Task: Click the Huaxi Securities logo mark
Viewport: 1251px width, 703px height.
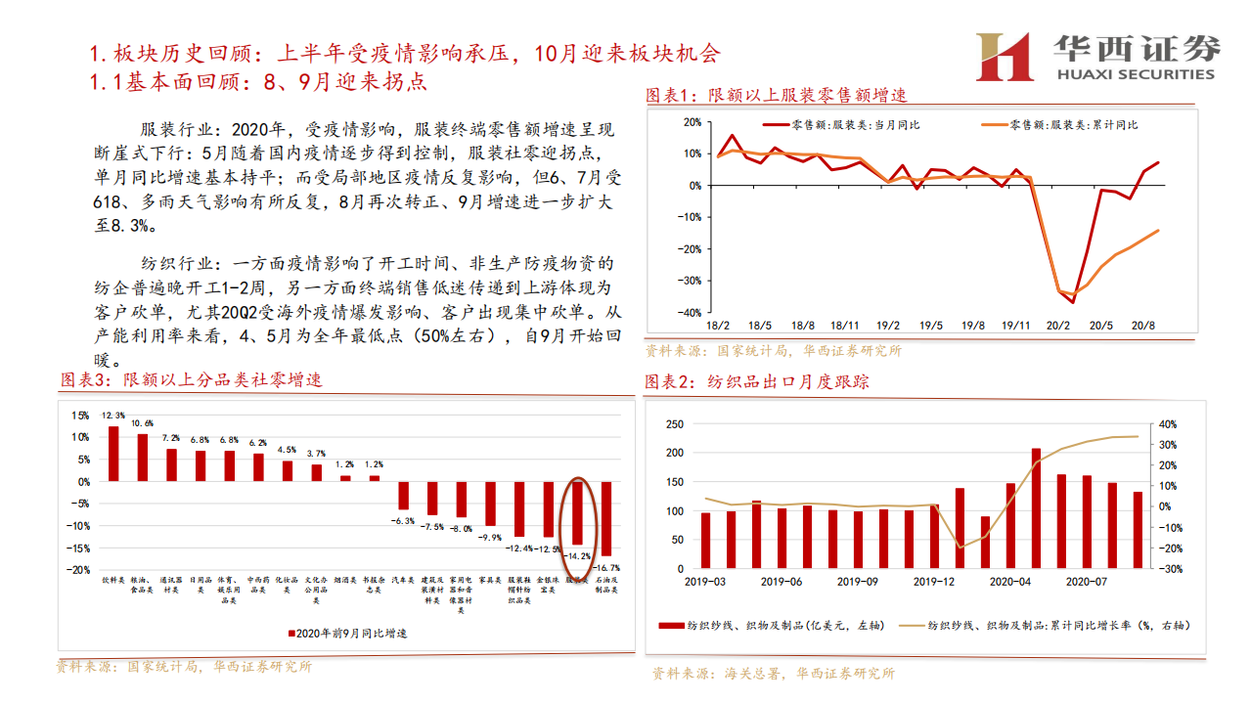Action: [1005, 57]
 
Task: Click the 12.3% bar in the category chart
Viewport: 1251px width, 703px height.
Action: [113, 454]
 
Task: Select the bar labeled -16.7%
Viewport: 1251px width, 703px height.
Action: [606, 518]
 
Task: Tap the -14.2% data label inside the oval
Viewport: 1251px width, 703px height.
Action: [577, 554]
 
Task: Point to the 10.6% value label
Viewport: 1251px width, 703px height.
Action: [142, 423]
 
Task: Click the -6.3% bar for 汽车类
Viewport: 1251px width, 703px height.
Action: [402, 495]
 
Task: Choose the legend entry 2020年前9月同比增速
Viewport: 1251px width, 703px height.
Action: [347, 633]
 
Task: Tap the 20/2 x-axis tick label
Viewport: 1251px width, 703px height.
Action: [1057, 326]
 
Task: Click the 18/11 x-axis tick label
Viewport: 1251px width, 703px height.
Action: [845, 326]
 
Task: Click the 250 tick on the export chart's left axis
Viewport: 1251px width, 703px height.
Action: [673, 424]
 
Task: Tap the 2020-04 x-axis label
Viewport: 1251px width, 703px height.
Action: [1010, 581]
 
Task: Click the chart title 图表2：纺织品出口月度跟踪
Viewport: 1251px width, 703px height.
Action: [756, 382]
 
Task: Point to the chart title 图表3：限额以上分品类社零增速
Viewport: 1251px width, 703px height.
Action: [192, 379]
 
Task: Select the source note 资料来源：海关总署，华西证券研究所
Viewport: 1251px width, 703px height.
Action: [773, 673]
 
